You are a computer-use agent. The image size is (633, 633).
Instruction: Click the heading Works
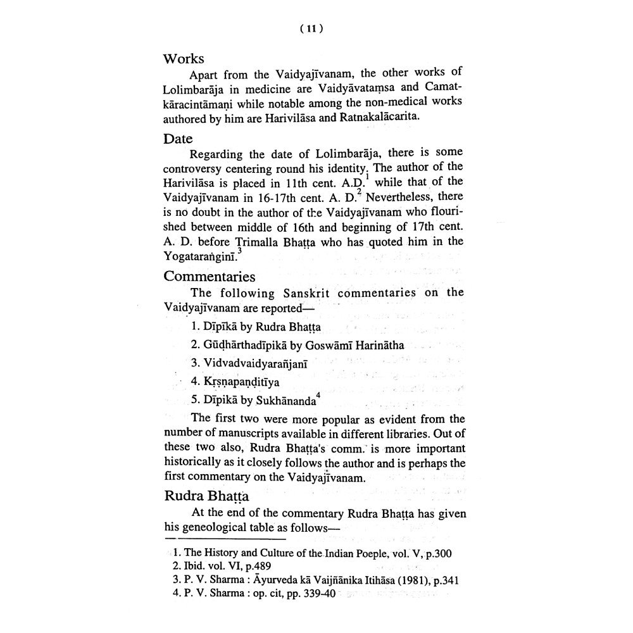(x=184, y=58)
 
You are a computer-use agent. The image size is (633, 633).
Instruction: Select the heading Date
(x=178, y=137)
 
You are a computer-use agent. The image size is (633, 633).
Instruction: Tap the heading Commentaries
(x=210, y=277)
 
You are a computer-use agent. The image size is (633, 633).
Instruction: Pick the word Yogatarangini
(x=200, y=255)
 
